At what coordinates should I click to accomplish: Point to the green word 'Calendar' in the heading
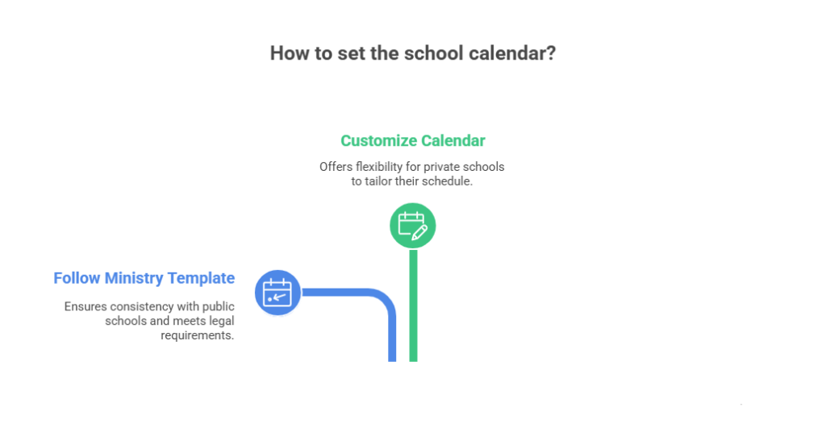pyautogui.click(x=453, y=140)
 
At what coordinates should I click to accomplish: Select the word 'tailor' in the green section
pyautogui.click(x=379, y=181)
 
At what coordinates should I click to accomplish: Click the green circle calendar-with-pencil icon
pyautogui.click(x=412, y=226)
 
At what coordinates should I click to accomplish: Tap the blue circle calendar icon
pyautogui.click(x=277, y=293)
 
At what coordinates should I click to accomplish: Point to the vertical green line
pyautogui.click(x=414, y=305)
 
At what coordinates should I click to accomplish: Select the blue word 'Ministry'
pyautogui.click(x=134, y=278)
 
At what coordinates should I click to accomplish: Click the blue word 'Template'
pyautogui.click(x=201, y=278)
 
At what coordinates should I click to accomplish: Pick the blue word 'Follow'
pyautogui.click(x=77, y=278)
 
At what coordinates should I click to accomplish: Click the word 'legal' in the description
pyautogui.click(x=222, y=321)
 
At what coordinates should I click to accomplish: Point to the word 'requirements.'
pyautogui.click(x=198, y=335)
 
